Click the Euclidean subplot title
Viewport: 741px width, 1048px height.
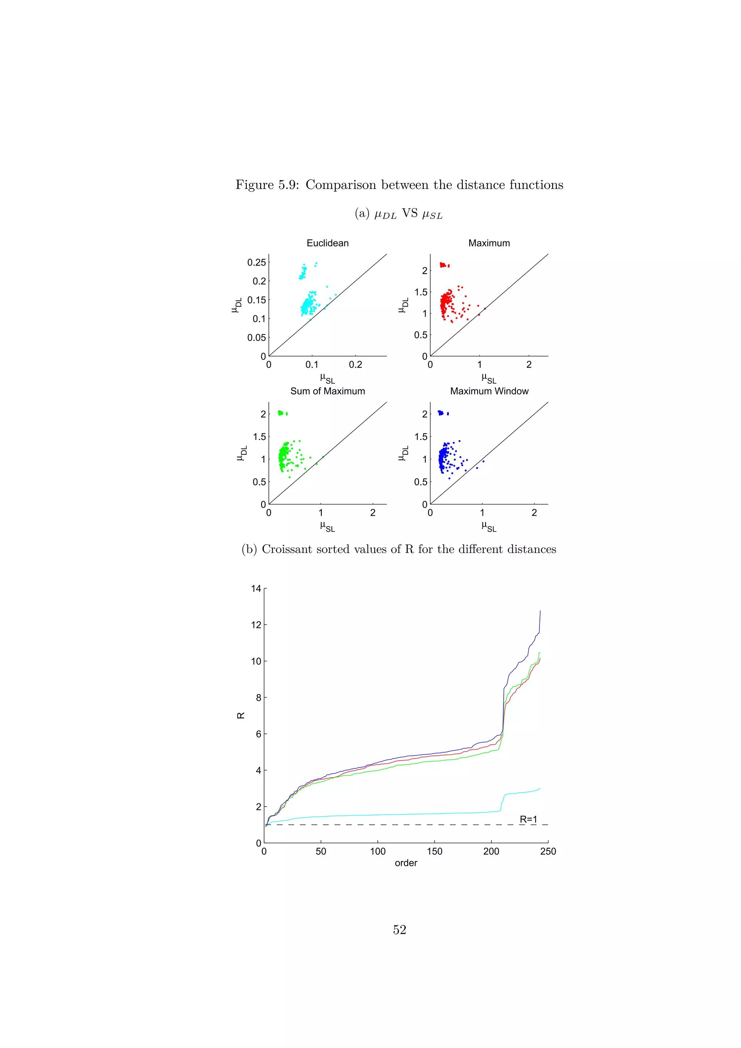coord(327,243)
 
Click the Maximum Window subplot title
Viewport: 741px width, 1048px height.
coord(489,391)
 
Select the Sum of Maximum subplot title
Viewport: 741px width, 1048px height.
coord(327,391)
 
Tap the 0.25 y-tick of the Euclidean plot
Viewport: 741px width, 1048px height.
coord(257,262)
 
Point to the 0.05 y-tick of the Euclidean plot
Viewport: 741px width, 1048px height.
coord(257,337)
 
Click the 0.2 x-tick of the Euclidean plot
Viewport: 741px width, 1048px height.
coord(355,365)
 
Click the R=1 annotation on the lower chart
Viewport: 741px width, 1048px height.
coord(528,819)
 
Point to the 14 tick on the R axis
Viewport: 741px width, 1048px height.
coord(256,588)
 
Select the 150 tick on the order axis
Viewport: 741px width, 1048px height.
coord(435,851)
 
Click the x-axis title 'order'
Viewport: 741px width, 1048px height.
coord(406,863)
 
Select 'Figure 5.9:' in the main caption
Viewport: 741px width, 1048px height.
coord(267,185)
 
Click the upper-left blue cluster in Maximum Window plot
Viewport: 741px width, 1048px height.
coord(441,413)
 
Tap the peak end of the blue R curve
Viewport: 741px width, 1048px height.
coord(540,611)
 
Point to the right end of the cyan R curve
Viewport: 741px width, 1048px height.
coord(539,788)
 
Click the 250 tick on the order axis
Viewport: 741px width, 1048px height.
coord(548,851)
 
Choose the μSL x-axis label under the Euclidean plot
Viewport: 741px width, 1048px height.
coord(327,379)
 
